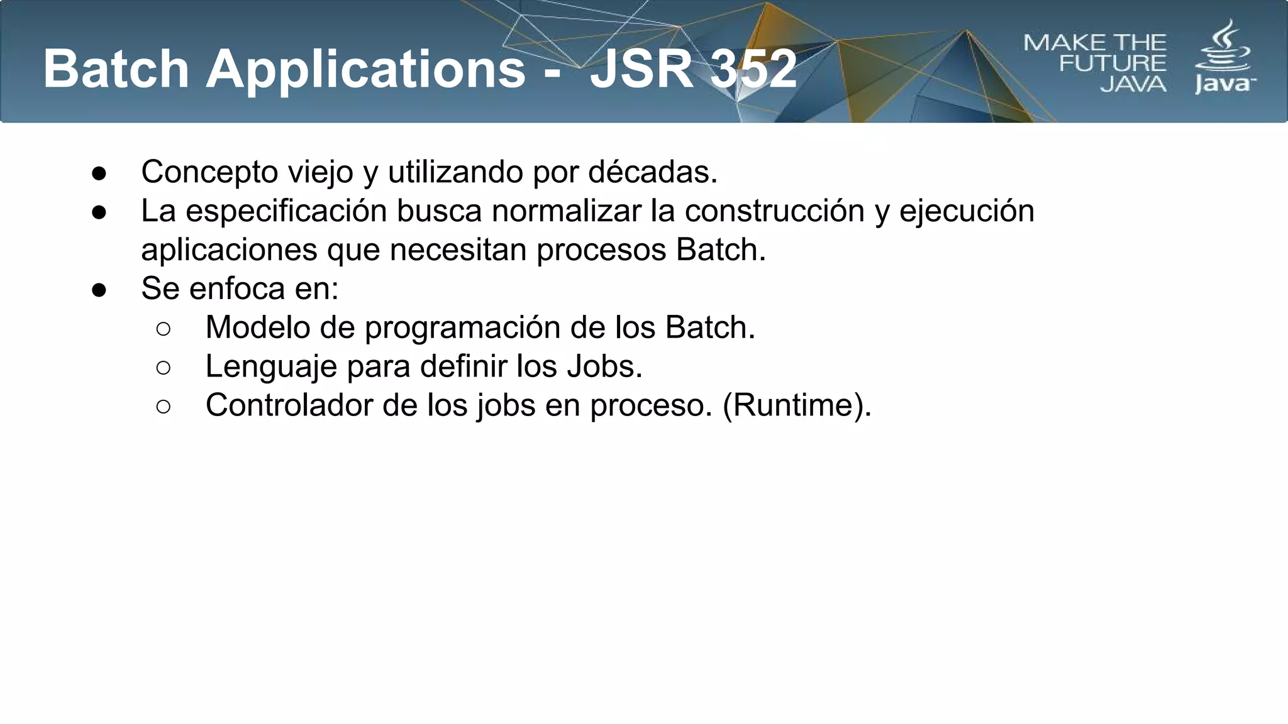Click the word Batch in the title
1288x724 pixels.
click(x=116, y=69)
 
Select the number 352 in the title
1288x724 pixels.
click(x=753, y=69)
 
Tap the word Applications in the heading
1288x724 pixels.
click(x=366, y=70)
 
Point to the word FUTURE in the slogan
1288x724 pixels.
click(x=1112, y=63)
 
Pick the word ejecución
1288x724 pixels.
click(x=967, y=211)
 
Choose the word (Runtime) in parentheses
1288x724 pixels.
click(x=796, y=405)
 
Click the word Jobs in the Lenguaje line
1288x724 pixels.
click(x=604, y=366)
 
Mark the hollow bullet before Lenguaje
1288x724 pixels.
click(x=164, y=368)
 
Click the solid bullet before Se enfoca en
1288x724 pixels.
click(x=99, y=290)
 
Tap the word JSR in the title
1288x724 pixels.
click(x=640, y=69)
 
